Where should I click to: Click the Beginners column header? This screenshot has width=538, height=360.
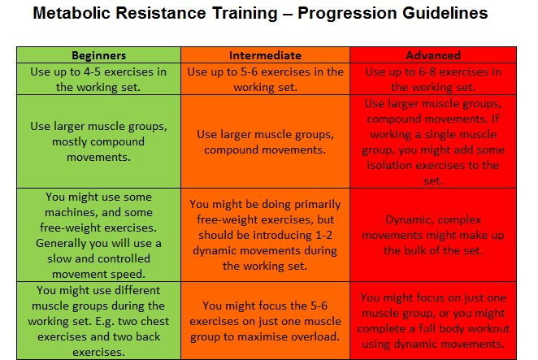[99, 55]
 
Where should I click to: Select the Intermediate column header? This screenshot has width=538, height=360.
[265, 55]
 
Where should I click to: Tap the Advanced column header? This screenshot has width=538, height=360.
[433, 55]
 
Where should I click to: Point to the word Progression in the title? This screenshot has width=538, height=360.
[347, 14]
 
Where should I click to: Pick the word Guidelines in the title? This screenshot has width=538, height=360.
[445, 13]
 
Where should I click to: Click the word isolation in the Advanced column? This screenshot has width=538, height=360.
[389, 165]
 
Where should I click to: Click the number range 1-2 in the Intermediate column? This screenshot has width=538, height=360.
[323, 235]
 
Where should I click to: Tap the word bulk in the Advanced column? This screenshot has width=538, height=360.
[415, 250]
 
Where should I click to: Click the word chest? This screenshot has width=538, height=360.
[155, 321]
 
